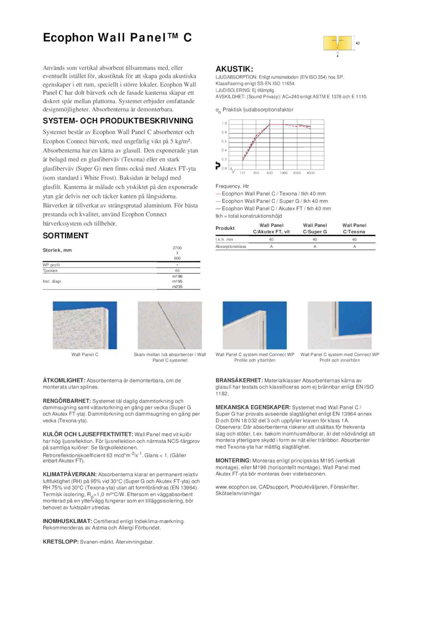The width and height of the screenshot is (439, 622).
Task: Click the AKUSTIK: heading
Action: coord(234,69)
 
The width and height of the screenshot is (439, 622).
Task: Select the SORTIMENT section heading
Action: coord(66,236)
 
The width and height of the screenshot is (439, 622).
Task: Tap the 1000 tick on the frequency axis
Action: coord(283,173)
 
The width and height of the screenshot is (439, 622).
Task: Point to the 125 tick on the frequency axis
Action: coord(242,173)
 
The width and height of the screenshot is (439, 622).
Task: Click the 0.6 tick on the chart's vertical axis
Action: coord(224,141)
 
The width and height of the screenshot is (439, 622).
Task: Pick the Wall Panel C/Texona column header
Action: coord(354,228)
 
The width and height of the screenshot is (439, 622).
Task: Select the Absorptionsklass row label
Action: coord(231,246)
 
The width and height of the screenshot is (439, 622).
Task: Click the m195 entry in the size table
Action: coord(177,281)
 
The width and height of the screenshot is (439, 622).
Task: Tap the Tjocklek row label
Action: coord(50,271)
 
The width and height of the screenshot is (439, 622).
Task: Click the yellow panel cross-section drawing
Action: coord(337,43)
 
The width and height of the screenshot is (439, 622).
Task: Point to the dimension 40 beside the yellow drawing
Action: coord(357,43)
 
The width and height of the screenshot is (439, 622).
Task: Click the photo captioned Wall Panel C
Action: coord(85,325)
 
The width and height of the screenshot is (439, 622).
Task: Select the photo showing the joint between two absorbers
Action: coord(170,325)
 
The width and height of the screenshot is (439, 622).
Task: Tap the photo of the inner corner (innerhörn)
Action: coord(339,325)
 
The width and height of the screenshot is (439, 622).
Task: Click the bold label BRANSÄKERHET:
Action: coord(239,380)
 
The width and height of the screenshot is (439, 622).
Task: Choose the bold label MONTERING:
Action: coord(233,461)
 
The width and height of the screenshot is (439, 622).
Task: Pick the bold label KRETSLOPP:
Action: coord(61,542)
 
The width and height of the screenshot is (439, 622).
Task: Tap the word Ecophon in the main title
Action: coord(68,38)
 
